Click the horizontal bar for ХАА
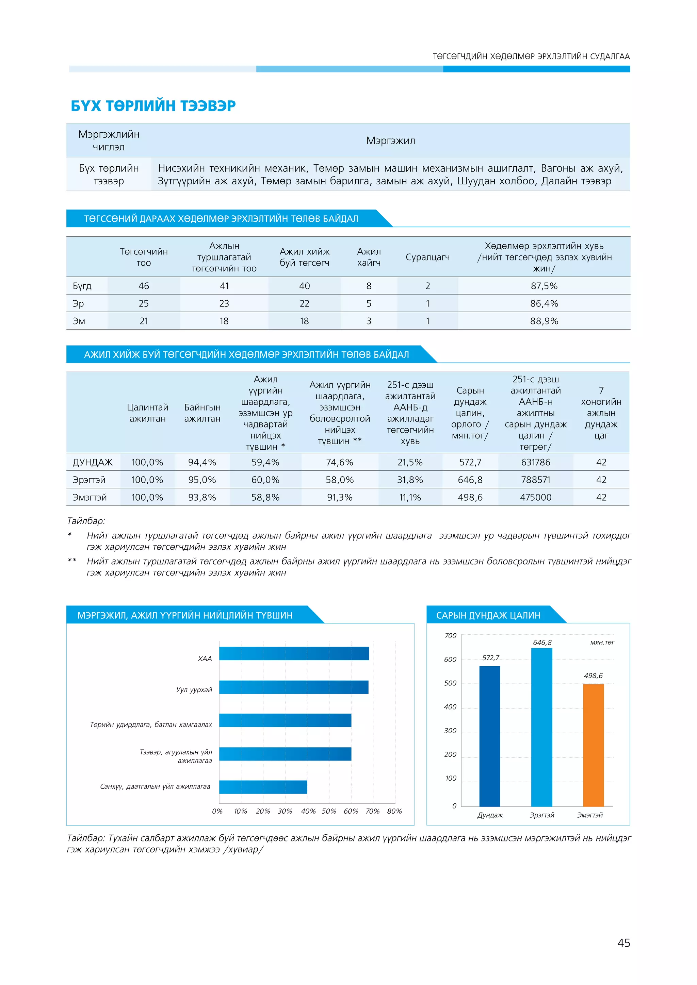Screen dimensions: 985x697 point(294,653)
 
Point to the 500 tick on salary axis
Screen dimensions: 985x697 point(450,683)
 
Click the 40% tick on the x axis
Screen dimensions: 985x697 point(308,811)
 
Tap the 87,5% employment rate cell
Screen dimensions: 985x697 point(544,286)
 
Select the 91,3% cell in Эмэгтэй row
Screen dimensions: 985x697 point(340,497)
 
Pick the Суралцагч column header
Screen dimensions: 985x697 point(427,257)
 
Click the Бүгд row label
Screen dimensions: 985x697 point(82,286)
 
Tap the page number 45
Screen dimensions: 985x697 point(623,942)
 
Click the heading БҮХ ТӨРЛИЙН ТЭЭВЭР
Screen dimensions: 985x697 point(153,105)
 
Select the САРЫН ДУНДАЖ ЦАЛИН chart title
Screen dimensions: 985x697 point(488,615)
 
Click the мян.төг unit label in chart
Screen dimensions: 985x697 point(602,642)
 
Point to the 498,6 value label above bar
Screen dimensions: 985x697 point(593,676)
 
